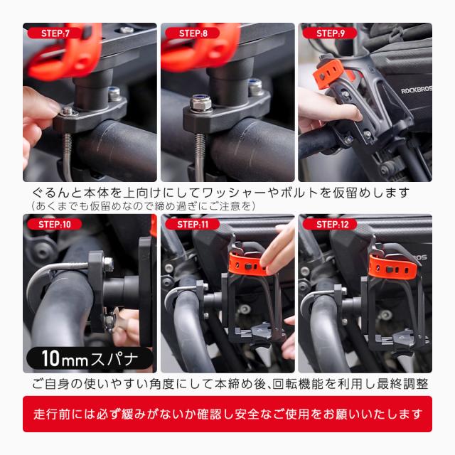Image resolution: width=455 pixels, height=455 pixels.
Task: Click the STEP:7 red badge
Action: tap(54, 33)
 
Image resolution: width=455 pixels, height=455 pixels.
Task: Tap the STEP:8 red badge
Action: tap(193, 33)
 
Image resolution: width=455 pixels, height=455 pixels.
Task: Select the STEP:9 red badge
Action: tap(330, 33)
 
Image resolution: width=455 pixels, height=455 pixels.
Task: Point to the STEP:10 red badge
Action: tap(54, 224)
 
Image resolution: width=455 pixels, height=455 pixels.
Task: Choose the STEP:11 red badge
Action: tap(193, 224)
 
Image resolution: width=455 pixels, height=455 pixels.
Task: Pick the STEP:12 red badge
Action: tap(330, 224)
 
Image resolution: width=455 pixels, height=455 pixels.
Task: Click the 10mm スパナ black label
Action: tap(90, 358)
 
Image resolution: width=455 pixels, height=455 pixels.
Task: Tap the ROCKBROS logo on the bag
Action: tap(416, 90)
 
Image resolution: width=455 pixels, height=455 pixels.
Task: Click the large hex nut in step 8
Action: tap(200, 103)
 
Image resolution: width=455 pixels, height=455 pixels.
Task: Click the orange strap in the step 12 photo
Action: tap(393, 267)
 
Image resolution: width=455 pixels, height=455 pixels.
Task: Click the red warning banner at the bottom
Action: tap(227, 414)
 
